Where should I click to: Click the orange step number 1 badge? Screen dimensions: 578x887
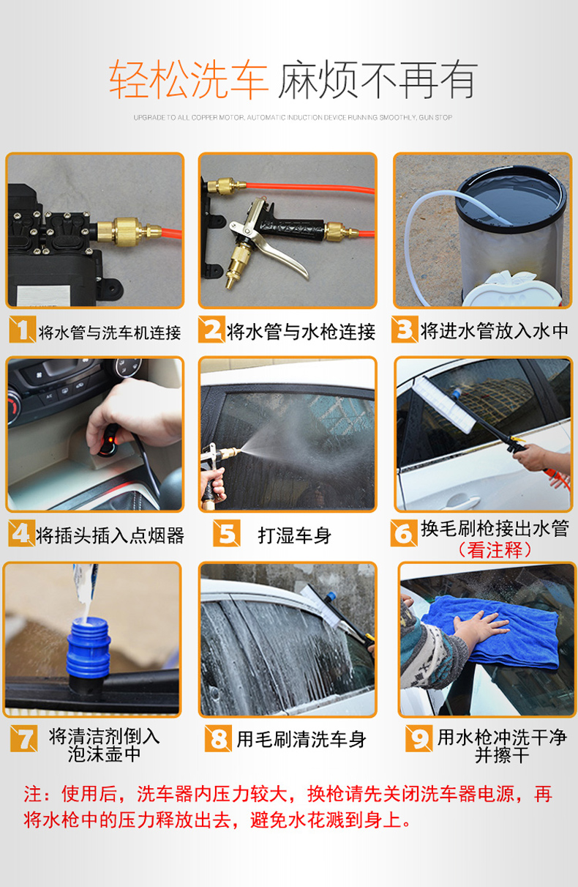coord(22,329)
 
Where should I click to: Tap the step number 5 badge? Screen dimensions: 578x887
coord(226,533)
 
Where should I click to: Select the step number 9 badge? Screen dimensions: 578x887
coord(419,738)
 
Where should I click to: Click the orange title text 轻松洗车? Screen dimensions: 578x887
coord(189,79)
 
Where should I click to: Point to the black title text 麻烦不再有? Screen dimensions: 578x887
coord(378,79)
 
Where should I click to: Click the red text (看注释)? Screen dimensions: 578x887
coord(495,550)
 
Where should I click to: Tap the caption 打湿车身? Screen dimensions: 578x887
coord(295,535)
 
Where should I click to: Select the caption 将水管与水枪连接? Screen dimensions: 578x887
coord(301,332)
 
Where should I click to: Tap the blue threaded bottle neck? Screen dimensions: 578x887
coord(88,647)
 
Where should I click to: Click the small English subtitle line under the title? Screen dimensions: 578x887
coord(293,118)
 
